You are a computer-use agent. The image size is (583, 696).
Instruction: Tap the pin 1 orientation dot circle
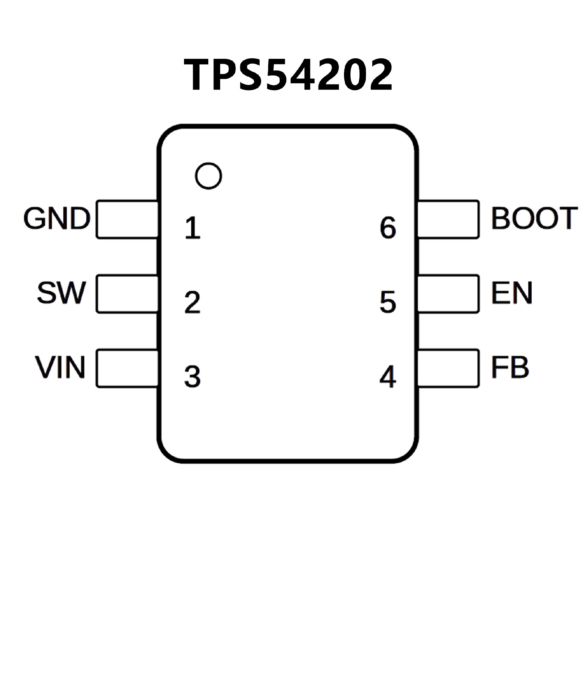[208, 176]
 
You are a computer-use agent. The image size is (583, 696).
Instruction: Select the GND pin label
[57, 218]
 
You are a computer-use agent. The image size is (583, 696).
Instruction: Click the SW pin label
[61, 293]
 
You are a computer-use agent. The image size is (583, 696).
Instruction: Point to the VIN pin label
[60, 367]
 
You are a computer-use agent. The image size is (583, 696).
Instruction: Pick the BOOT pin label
[534, 218]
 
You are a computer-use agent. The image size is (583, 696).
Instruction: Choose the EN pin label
[512, 293]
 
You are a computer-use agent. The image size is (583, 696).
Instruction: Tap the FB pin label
[510, 367]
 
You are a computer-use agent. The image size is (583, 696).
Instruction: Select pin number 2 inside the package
[193, 302]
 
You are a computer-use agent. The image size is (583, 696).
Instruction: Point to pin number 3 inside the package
[193, 377]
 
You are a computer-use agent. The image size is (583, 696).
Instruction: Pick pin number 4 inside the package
[388, 377]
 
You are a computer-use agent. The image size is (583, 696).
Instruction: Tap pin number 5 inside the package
[388, 302]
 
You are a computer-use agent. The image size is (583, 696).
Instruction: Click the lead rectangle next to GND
[127, 219]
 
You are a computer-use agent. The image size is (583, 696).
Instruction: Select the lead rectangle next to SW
[127, 294]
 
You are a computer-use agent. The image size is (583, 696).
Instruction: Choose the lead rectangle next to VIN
[127, 368]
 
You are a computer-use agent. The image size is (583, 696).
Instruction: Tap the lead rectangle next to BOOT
[448, 219]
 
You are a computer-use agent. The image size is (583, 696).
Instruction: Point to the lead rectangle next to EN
[448, 294]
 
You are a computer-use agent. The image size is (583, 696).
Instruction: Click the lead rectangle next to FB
[448, 368]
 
